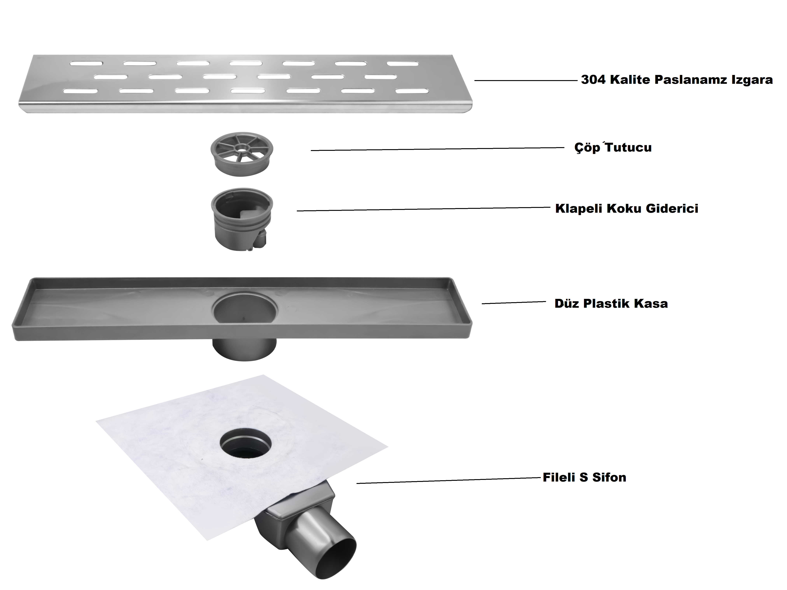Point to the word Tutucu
pyautogui.click(x=629, y=147)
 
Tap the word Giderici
pyautogui.click(x=672, y=208)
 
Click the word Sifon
pyautogui.click(x=609, y=477)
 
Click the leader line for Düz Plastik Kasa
pyautogui.click(x=514, y=303)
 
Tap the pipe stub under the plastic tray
pyautogui.click(x=244, y=350)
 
